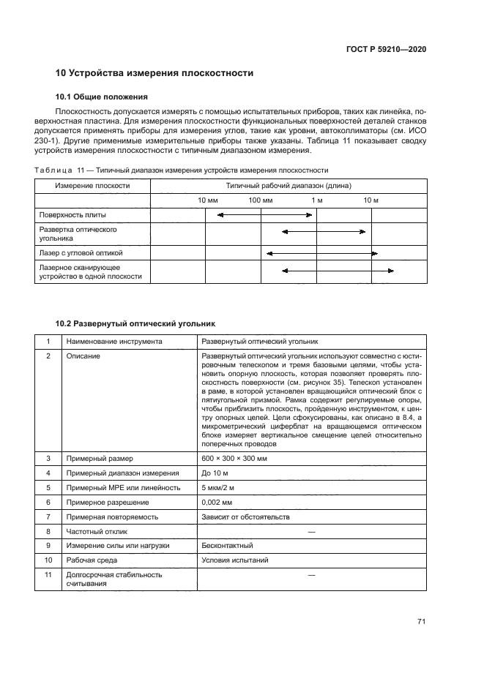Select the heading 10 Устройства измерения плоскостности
point(154,73)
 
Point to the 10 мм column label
point(207,200)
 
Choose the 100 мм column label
point(260,200)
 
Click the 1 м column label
point(316,200)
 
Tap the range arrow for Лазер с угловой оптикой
point(321,253)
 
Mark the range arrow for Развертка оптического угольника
point(324,232)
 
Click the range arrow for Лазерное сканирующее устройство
point(338,271)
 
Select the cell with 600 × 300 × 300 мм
point(234,458)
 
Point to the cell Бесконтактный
point(227,546)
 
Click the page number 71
point(421,622)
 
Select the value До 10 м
point(215,473)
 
